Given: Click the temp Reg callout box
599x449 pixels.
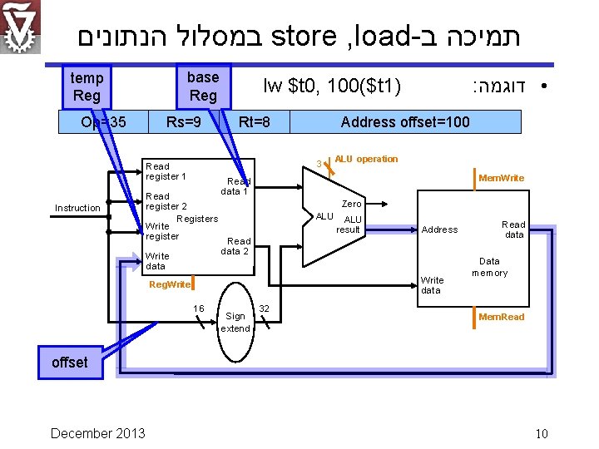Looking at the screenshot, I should tap(87, 86).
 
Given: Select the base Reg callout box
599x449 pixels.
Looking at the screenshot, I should tap(203, 86).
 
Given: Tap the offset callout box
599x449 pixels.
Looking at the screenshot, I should tap(69, 363).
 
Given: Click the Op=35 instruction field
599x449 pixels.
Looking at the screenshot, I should tap(104, 122).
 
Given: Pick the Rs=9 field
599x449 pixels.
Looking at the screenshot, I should tap(184, 122).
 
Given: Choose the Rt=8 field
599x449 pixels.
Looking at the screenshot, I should tap(254, 122).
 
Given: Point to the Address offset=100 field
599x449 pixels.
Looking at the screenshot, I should tap(405, 122).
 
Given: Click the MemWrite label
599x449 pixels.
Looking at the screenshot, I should tap(502, 178).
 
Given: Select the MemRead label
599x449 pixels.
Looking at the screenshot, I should tap(502, 317).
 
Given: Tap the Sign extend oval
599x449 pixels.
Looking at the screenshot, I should tap(235, 322).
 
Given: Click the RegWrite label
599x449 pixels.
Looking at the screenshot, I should tap(169, 285).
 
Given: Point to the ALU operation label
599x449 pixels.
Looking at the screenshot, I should tap(366, 159).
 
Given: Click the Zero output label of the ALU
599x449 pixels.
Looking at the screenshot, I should tap(352, 204).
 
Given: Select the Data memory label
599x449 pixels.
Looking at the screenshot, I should tap(489, 267).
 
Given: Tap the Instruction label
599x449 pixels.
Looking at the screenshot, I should tap(77, 208).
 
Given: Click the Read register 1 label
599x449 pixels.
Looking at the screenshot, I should tap(166, 171).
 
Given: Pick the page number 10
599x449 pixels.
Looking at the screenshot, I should tap(542, 433).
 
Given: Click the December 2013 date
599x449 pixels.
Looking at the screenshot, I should tap(97, 433).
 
